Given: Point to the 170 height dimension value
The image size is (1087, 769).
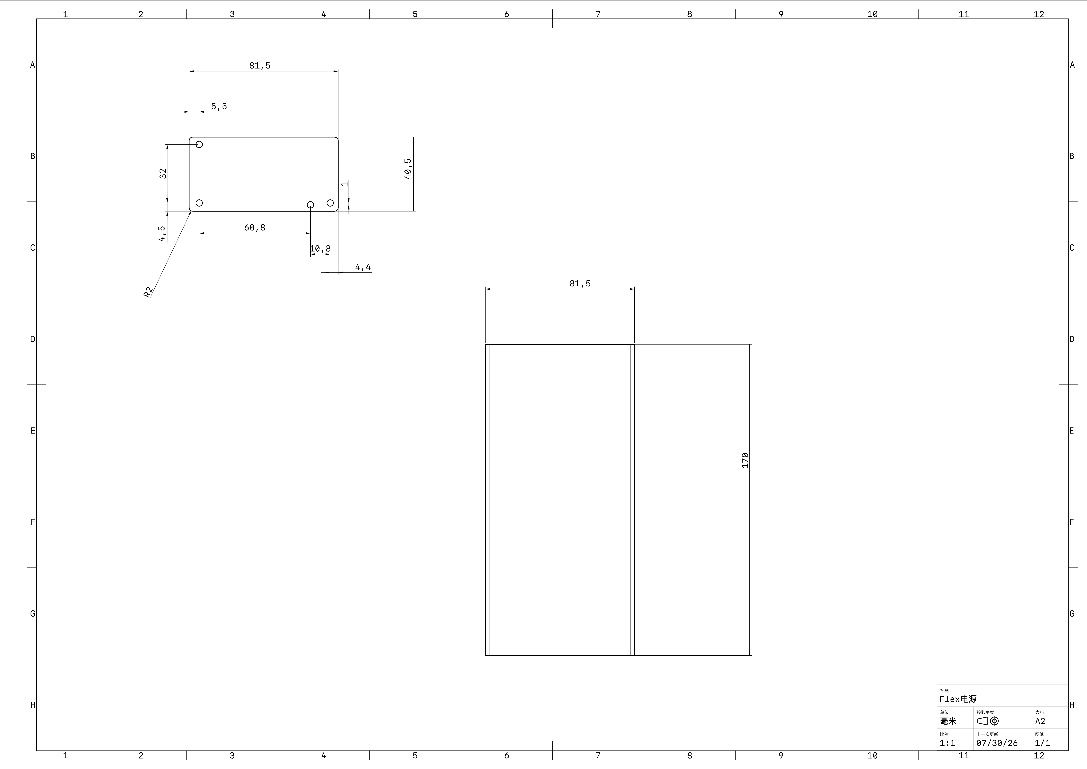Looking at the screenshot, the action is (x=745, y=460).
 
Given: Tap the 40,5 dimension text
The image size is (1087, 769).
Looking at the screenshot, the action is (x=408, y=169).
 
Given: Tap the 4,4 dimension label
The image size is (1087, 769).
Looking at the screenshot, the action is (x=363, y=267).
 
